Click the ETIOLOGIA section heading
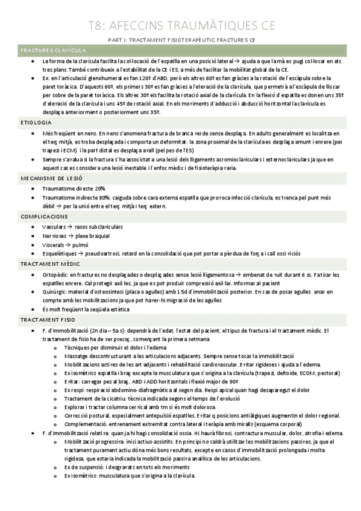(x=35, y=123)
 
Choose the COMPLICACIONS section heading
(x=44, y=216)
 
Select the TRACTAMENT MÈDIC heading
(x=50, y=264)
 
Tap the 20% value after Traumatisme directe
(x=99, y=188)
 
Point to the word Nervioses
(x=55, y=236)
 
